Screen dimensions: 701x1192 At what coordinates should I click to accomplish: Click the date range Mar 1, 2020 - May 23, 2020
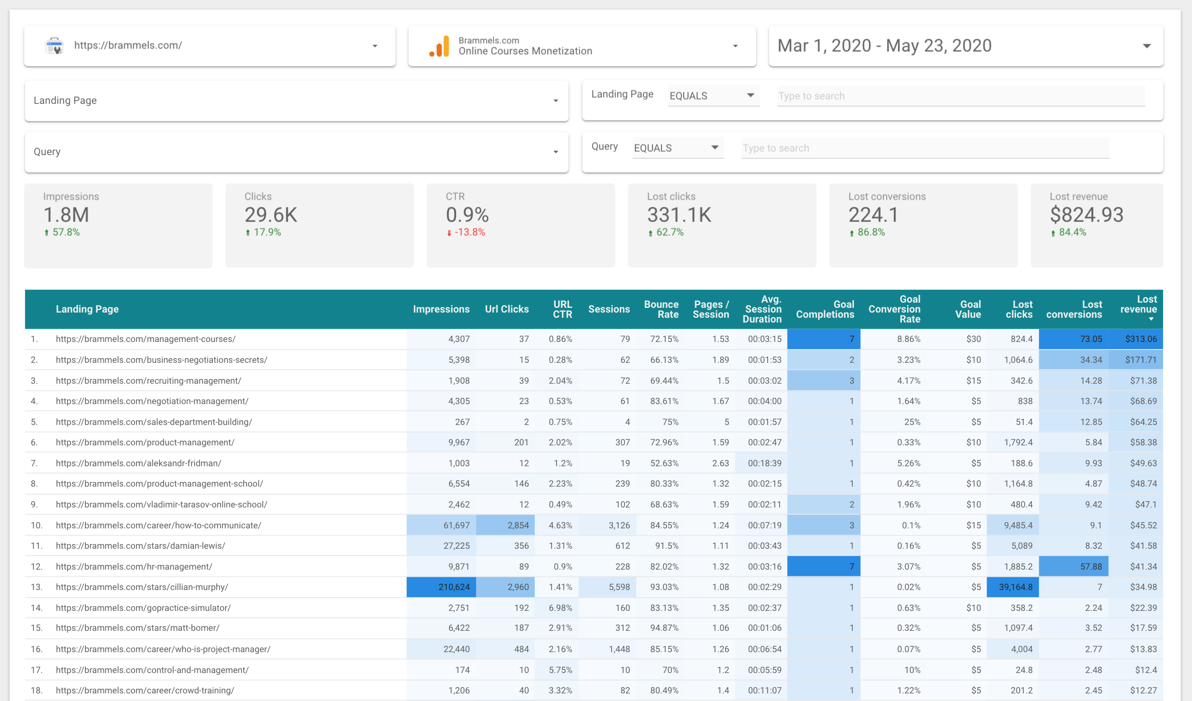pos(884,46)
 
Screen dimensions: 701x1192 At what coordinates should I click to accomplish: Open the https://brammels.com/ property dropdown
pos(210,46)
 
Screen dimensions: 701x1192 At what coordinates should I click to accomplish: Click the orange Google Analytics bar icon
pos(440,46)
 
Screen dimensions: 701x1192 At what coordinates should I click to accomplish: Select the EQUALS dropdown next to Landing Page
pos(712,96)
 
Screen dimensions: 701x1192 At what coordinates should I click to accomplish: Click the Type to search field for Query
pos(925,148)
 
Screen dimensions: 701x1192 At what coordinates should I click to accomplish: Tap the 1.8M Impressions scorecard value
pos(66,215)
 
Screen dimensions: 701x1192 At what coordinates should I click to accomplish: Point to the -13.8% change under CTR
pos(469,232)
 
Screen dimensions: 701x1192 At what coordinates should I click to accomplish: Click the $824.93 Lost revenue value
pos(1086,215)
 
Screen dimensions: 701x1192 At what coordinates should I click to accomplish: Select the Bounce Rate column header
pos(661,309)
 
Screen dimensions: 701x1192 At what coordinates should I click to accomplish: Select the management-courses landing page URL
pos(146,339)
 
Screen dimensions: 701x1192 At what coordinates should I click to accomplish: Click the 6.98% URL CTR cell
pos(560,608)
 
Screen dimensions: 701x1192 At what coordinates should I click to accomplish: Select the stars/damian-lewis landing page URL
pos(140,546)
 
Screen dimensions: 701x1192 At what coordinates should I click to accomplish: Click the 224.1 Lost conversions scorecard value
pos(873,215)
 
